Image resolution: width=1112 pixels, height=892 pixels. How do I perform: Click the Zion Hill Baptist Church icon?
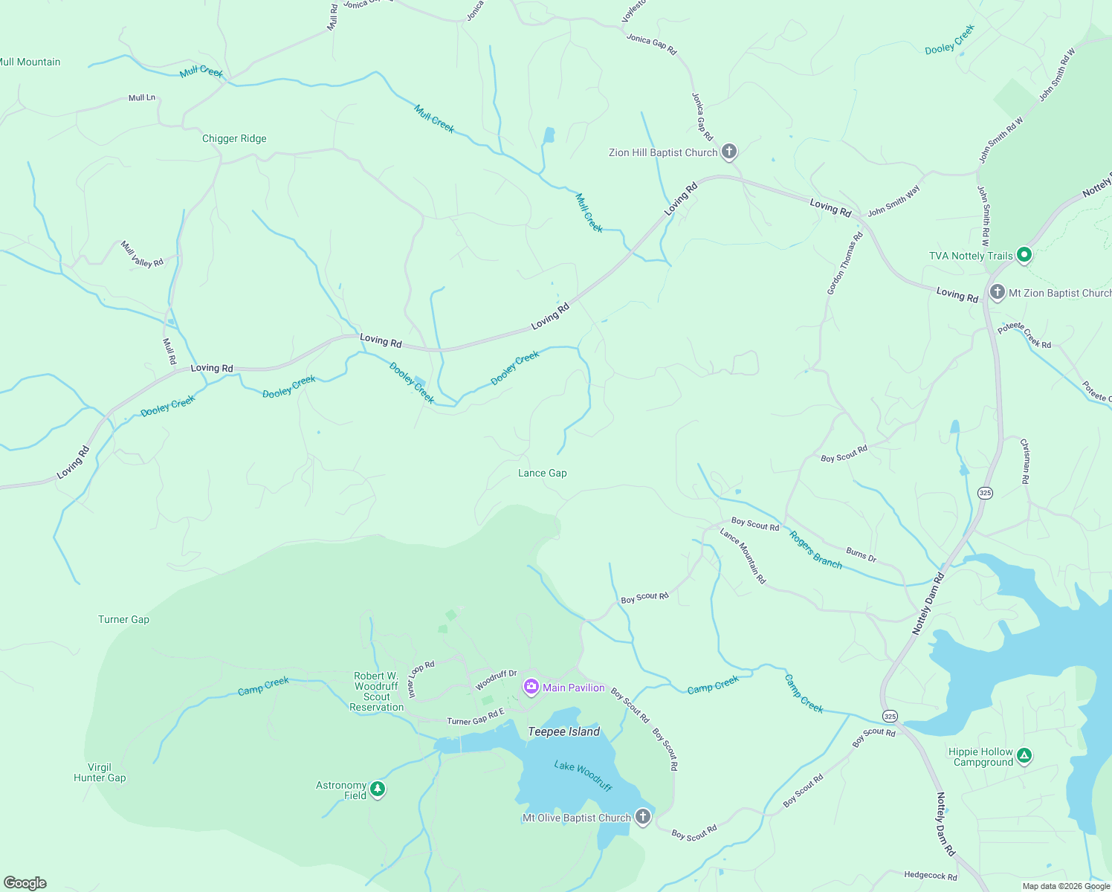[729, 152]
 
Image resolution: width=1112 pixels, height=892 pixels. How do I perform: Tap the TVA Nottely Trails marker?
[1024, 255]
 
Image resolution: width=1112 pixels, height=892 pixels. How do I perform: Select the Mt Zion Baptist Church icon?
[998, 292]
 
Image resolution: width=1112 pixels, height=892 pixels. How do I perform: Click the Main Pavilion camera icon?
[531, 687]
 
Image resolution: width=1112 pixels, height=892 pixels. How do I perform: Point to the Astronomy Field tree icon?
[378, 789]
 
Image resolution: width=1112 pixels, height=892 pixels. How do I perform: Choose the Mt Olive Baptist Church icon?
[643, 818]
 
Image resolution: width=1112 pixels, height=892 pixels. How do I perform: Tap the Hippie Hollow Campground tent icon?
[1024, 756]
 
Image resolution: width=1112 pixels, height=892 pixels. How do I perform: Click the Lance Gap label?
[542, 473]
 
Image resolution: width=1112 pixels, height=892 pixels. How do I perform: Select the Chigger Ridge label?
[234, 138]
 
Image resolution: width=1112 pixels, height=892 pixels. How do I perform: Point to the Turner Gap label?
[123, 619]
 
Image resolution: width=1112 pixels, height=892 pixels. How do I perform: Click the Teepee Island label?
[563, 731]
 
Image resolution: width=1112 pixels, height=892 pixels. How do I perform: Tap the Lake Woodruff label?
[583, 775]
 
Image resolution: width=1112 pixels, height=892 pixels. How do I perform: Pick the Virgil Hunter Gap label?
[100, 772]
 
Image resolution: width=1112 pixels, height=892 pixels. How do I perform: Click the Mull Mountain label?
[30, 62]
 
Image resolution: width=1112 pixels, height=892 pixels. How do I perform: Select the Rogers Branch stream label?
[815, 550]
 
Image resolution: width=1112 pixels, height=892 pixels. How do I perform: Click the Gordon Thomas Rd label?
[845, 263]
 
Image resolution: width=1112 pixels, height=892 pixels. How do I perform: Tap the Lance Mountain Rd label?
[743, 555]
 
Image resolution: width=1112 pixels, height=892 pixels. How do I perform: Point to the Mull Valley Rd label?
[142, 254]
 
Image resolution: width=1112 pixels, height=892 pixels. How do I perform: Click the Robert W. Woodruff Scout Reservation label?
[377, 691]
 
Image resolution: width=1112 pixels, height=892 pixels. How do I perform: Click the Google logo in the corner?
[25, 883]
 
